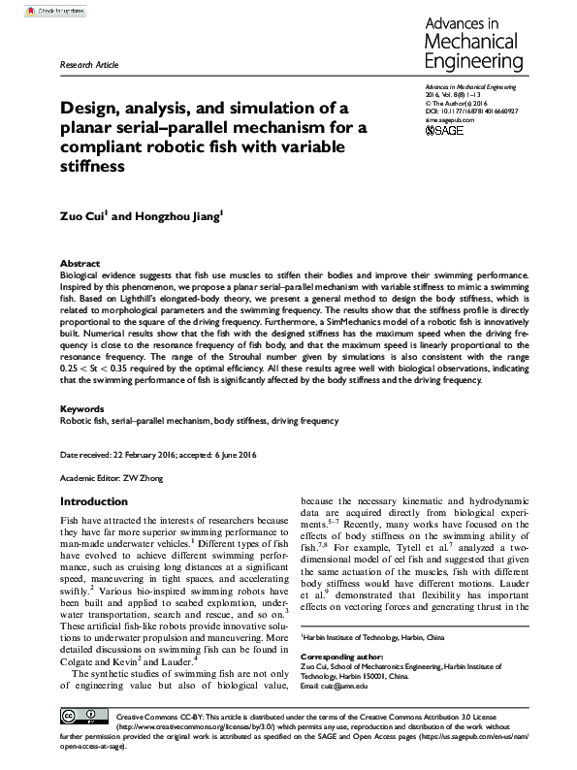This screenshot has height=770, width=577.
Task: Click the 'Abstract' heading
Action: click(x=80, y=264)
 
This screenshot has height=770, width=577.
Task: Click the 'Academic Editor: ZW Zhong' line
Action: click(x=112, y=478)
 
